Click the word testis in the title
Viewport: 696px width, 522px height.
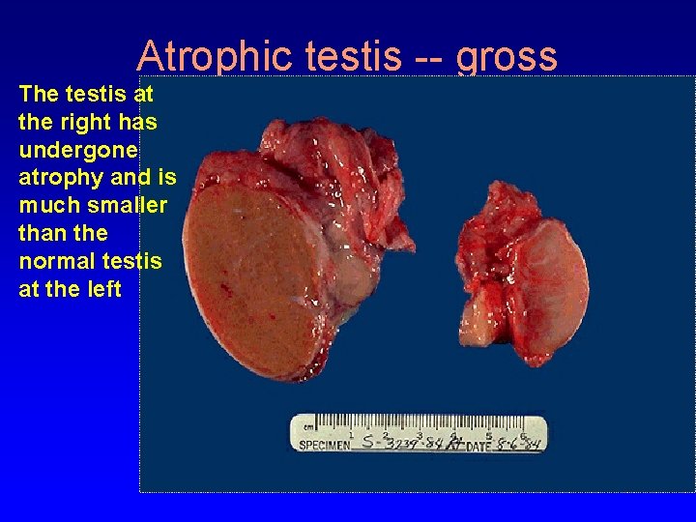(x=352, y=56)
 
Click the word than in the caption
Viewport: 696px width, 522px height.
(x=40, y=233)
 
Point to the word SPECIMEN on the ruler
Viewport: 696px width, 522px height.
(x=325, y=445)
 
